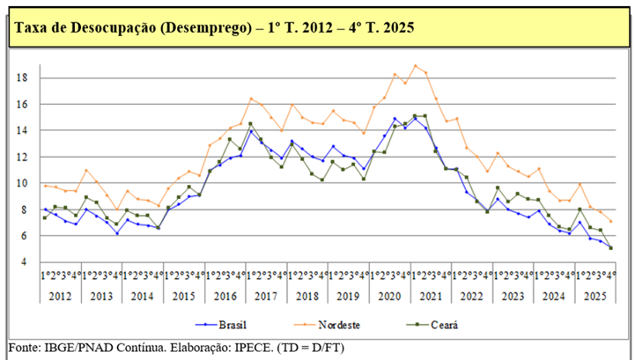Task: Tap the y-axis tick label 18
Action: coord(23,78)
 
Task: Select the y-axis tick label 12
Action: coord(23,157)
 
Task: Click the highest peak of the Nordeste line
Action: coord(415,66)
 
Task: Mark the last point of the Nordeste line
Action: coord(611,221)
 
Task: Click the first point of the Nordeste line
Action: coord(45,186)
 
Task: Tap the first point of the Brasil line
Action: coord(45,209)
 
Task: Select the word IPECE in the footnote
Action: coord(255,348)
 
